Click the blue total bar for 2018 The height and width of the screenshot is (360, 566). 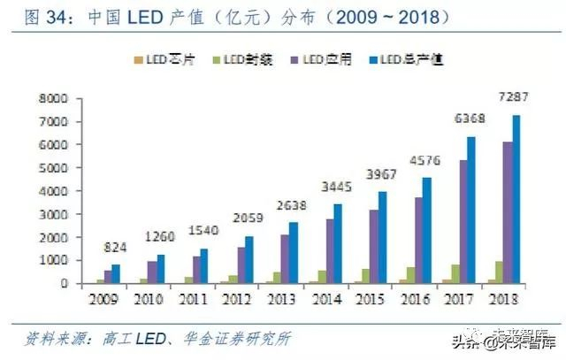point(515,199)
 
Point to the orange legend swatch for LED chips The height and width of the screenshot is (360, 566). point(135,60)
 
